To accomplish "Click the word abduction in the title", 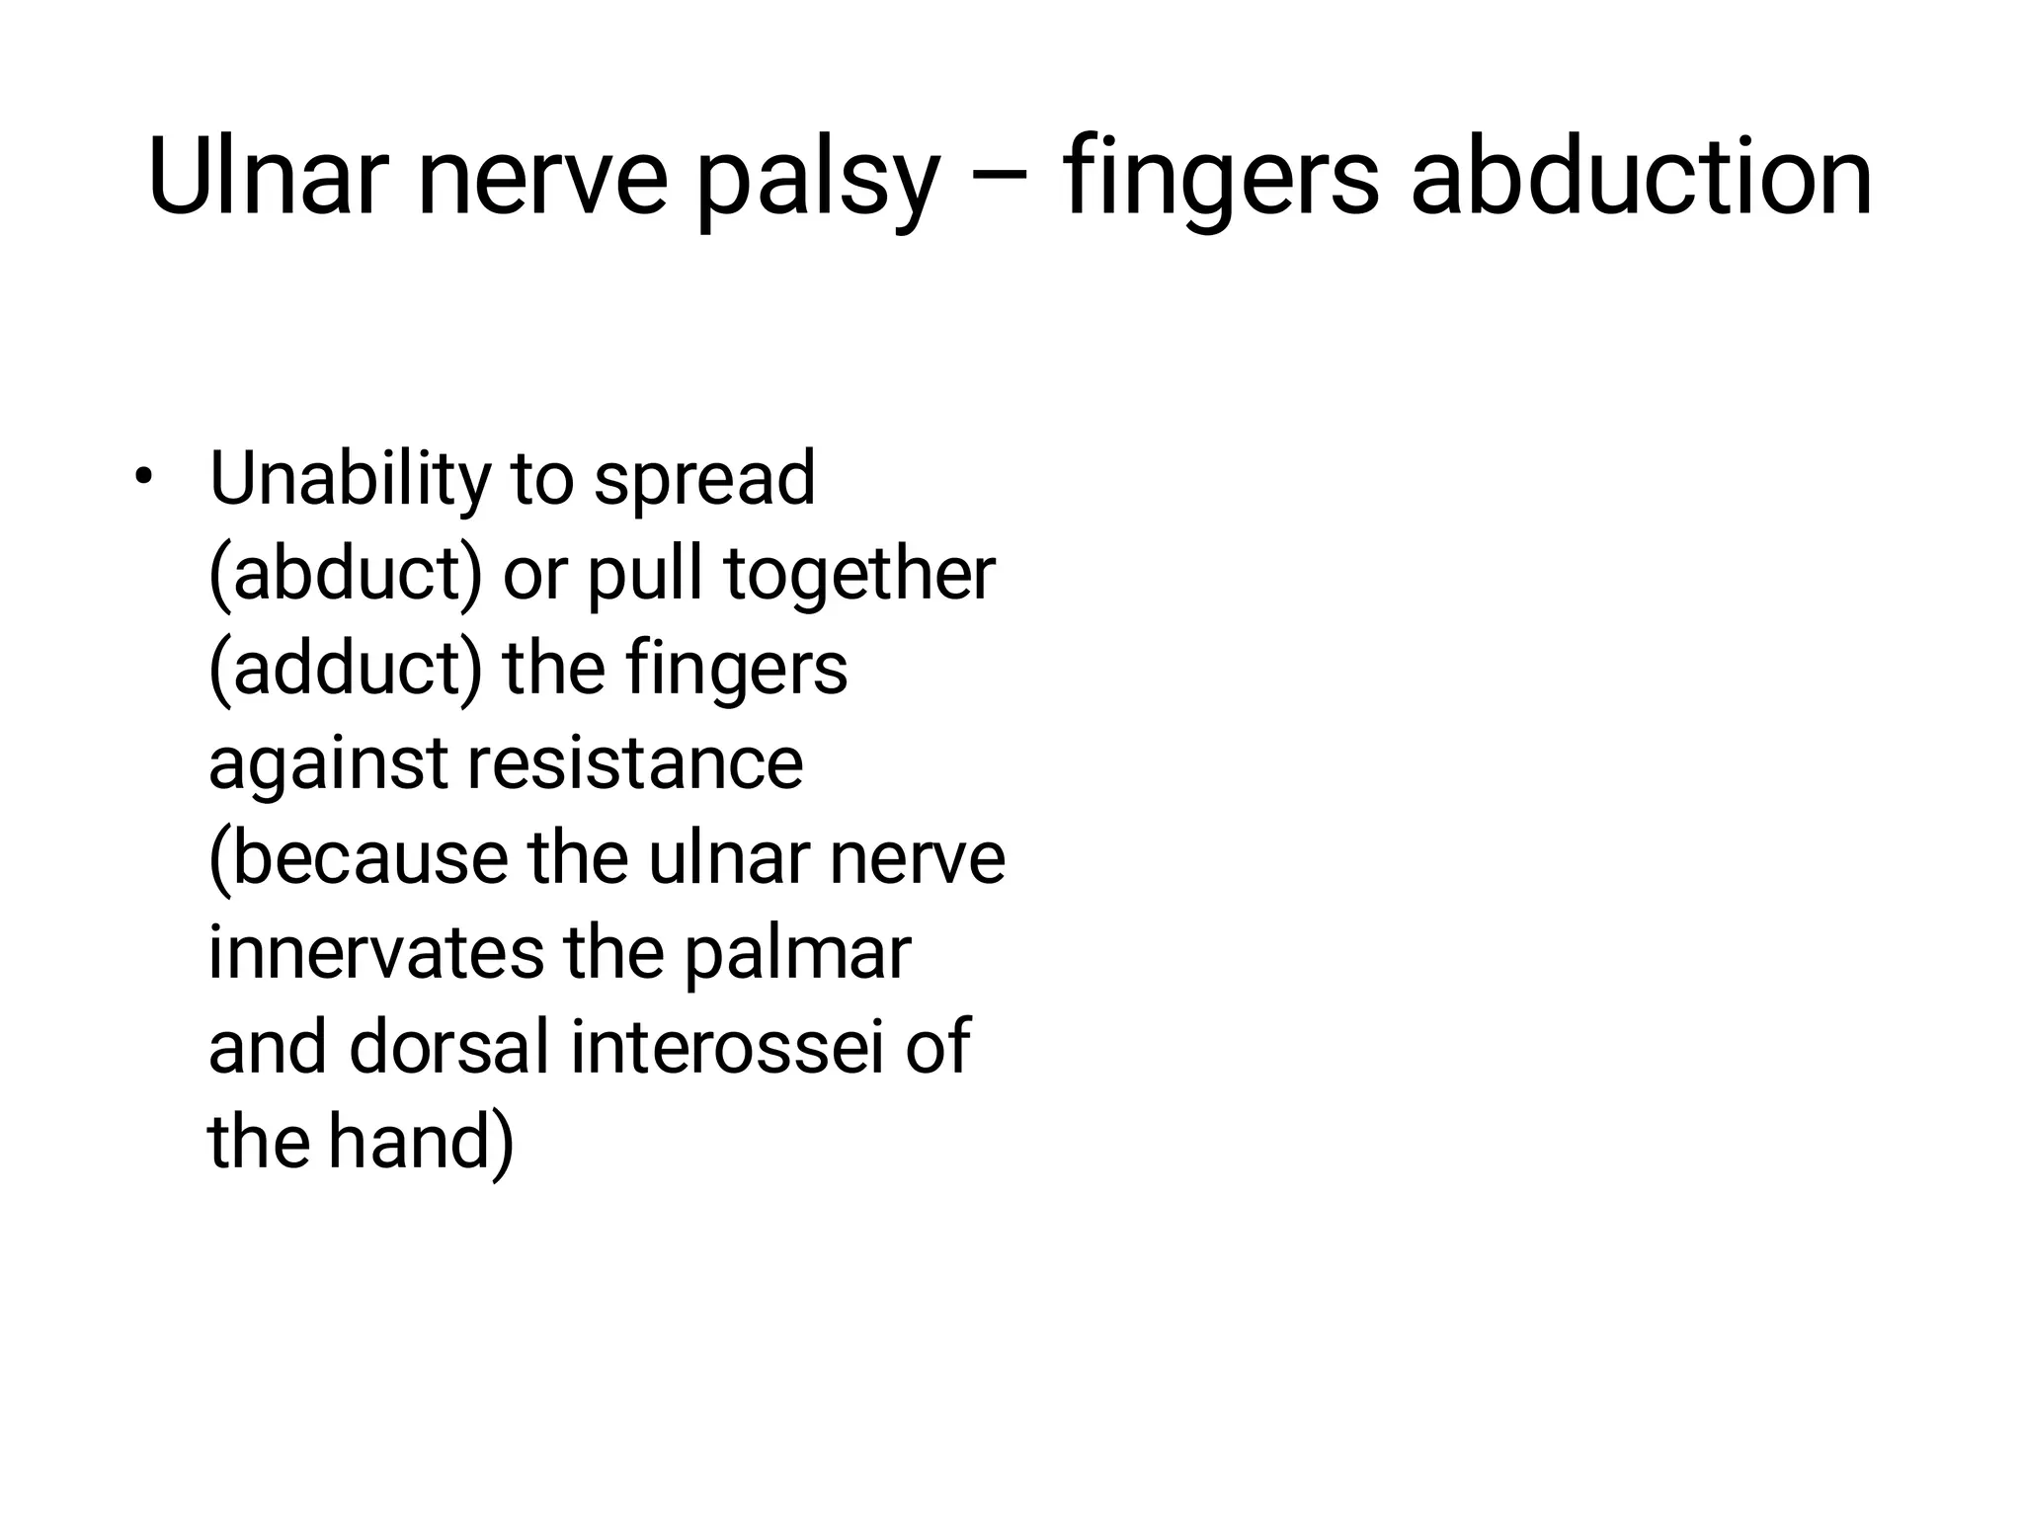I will (1641, 178).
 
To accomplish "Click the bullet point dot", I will (145, 477).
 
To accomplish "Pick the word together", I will (860, 575).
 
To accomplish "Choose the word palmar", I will (796, 954).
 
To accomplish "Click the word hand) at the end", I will (422, 1142).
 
